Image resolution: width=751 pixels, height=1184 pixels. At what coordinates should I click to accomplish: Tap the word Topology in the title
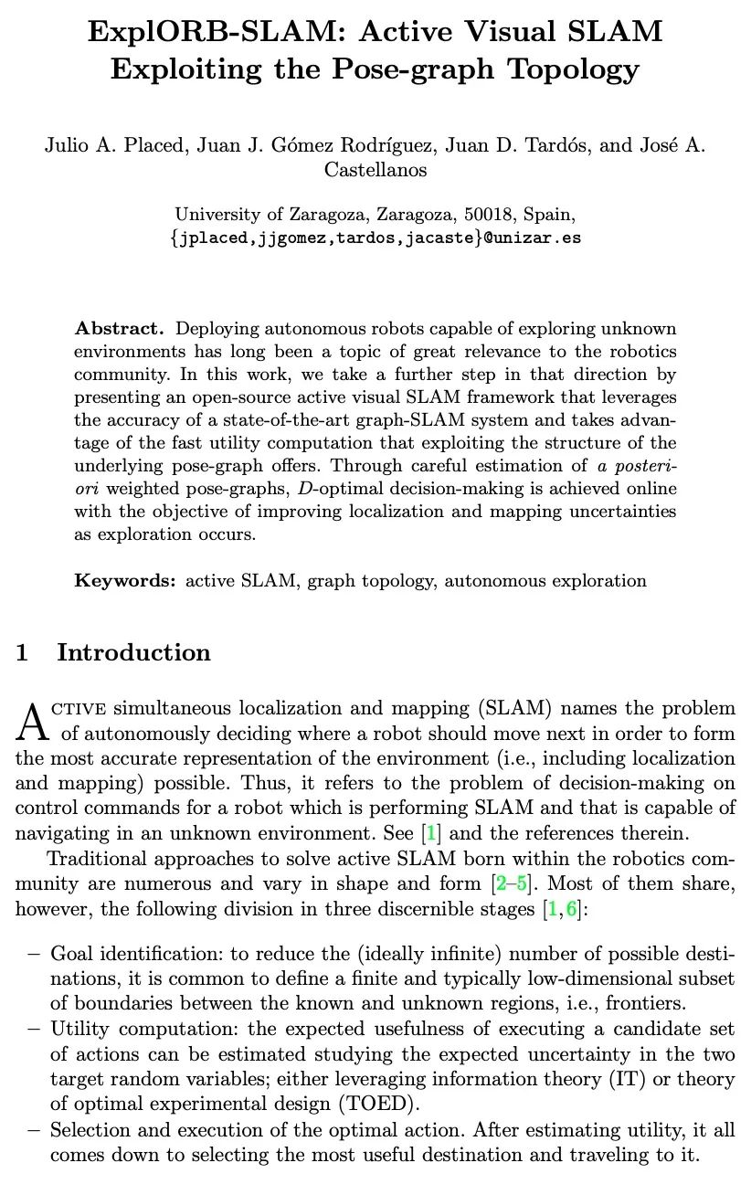tap(574, 69)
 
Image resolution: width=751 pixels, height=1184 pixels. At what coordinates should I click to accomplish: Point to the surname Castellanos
tap(375, 170)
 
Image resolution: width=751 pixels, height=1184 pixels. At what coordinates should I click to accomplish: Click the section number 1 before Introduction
tap(22, 653)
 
